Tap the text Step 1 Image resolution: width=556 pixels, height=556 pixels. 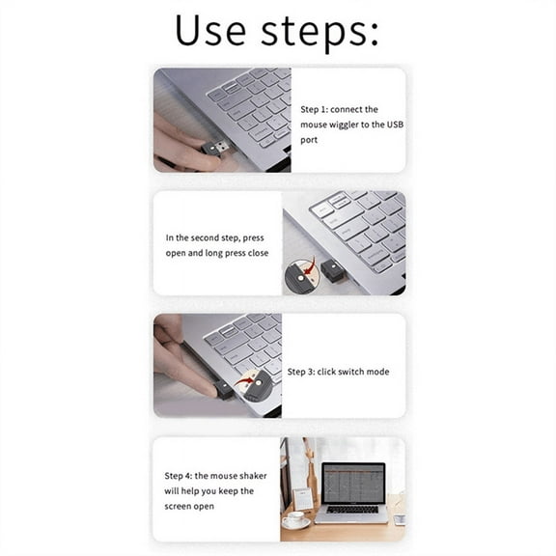[317, 110]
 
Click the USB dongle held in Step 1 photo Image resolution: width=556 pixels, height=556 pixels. [216, 148]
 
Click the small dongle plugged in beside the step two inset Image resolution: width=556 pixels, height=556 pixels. [334, 272]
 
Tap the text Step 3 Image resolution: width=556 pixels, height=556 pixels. [304, 372]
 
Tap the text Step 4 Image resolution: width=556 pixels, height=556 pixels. [180, 476]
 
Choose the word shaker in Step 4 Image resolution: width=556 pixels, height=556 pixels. [249, 476]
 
